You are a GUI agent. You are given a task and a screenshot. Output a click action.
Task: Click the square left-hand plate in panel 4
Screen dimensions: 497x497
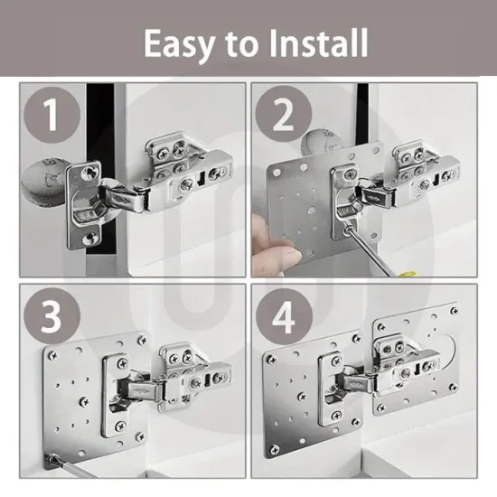coord(312,398)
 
